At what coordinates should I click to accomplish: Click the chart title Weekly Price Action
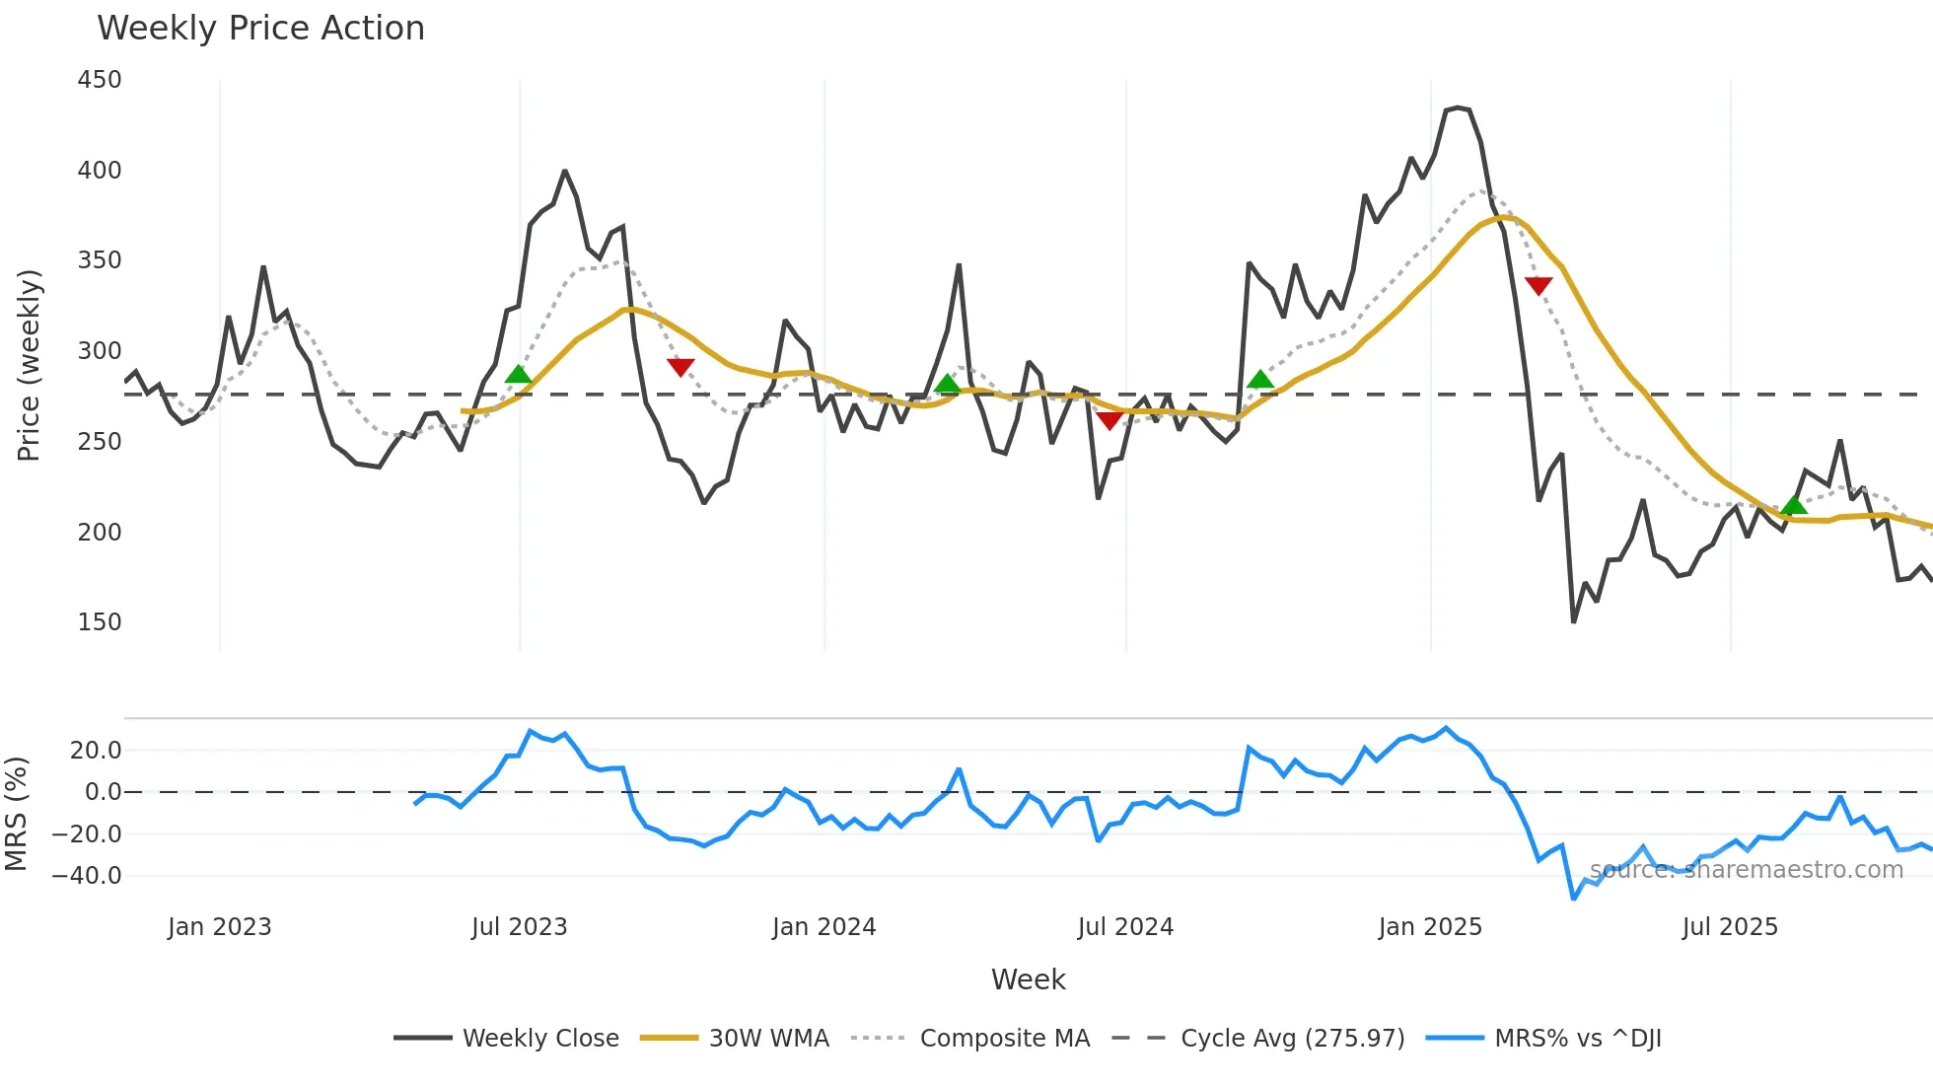click(x=260, y=29)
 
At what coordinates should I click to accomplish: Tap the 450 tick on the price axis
click(x=100, y=80)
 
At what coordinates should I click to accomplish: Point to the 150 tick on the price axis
click(x=100, y=622)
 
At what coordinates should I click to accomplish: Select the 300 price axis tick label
click(x=100, y=351)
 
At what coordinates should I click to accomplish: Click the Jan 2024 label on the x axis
click(x=823, y=927)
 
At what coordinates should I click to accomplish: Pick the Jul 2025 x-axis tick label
click(x=1730, y=927)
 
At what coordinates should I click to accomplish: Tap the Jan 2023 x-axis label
click(x=219, y=927)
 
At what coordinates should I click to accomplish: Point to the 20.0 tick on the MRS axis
click(x=96, y=751)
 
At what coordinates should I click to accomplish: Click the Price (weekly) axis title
click(x=29, y=365)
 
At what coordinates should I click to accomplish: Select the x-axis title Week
click(x=1028, y=979)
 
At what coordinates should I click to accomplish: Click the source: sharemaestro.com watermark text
click(x=1746, y=870)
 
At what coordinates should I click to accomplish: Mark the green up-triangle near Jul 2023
click(x=518, y=374)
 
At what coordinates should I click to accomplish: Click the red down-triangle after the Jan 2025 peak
click(x=1539, y=285)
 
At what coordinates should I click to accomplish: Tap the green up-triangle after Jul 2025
click(x=1794, y=505)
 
